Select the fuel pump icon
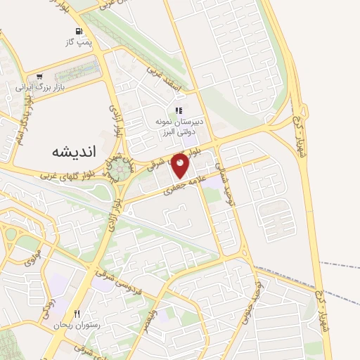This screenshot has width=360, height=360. pyautogui.click(x=79, y=31)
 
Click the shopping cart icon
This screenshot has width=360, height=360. pyautogui.click(x=39, y=77)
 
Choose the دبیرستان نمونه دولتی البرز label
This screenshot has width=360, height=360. pyautogui.click(x=179, y=127)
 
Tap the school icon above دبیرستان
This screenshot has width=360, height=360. pyautogui.click(x=179, y=111)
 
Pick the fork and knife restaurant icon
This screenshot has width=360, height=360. pyautogui.click(x=77, y=313)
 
